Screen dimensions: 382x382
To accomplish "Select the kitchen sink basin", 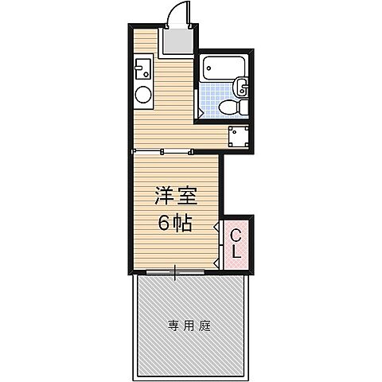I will pos(143,70).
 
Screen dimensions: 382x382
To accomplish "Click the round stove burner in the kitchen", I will pos(143,95).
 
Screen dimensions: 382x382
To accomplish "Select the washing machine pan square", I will pos(239,138).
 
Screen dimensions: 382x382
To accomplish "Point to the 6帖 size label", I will pos(174,224).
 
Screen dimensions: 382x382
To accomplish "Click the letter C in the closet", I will pos(237,236).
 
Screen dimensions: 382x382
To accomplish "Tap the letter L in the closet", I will pos(237,253).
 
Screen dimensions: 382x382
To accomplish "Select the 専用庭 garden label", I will pos(189,325).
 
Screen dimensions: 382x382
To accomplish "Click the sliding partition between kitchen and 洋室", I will pos(163,150).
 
